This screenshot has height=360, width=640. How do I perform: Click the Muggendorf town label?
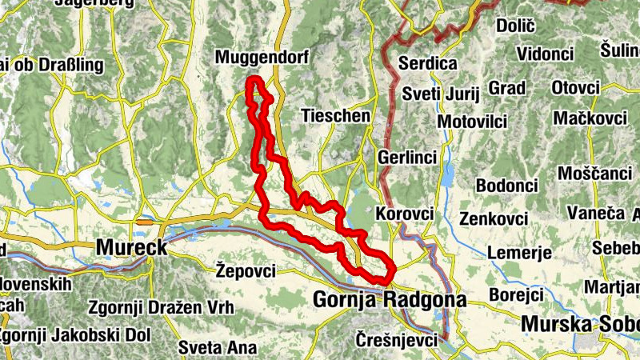pyautogui.click(x=262, y=58)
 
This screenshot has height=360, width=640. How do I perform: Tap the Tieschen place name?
pyautogui.click(x=336, y=116)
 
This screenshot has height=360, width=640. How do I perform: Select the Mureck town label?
pyautogui.click(x=132, y=248)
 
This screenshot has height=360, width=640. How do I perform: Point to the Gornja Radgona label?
pyautogui.click(x=390, y=300)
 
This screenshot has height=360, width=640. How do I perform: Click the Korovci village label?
pyautogui.click(x=404, y=214)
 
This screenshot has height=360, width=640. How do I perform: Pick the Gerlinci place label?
pyautogui.click(x=408, y=158)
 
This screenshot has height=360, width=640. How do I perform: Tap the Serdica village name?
pyautogui.click(x=428, y=63)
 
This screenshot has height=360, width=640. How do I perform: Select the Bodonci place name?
pyautogui.click(x=506, y=186)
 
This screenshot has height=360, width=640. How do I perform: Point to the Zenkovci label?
pyautogui.click(x=494, y=218)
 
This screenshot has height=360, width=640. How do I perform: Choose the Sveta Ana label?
pyautogui.click(x=218, y=347)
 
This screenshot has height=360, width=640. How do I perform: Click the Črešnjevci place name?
pyautogui.click(x=398, y=339)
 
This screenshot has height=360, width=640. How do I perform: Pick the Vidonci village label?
pyautogui.click(x=545, y=54)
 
